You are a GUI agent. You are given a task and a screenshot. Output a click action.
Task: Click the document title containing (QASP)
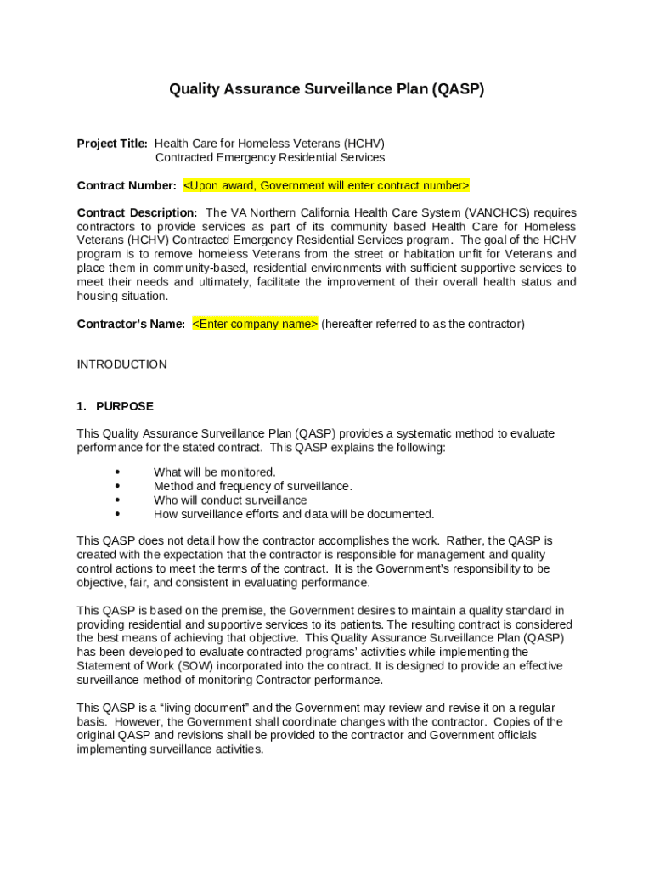pyautogui.click(x=326, y=89)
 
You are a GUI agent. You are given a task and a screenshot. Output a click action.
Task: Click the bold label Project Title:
pyautogui.click(x=112, y=144)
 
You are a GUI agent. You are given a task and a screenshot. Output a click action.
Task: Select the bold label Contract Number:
pyautogui.click(x=127, y=185)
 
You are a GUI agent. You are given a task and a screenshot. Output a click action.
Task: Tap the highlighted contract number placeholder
pyautogui.click(x=326, y=185)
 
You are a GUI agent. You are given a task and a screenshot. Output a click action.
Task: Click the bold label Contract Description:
pyautogui.click(x=137, y=212)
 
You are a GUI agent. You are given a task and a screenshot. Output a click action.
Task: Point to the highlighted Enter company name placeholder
pyautogui.click(x=255, y=324)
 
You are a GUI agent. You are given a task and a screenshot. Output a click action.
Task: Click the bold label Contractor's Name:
pyautogui.click(x=131, y=324)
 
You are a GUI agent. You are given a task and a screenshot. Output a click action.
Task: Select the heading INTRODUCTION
pyautogui.click(x=121, y=364)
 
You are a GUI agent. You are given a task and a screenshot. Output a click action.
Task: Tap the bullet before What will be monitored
pyautogui.click(x=116, y=472)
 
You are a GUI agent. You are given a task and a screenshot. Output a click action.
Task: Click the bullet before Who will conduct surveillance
pyautogui.click(x=116, y=500)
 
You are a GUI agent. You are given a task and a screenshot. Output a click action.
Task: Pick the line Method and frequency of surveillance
pyautogui.click(x=252, y=486)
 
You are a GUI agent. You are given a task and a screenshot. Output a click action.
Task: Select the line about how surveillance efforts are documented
pyautogui.click(x=293, y=514)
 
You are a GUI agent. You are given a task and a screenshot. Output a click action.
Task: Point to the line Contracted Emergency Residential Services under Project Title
pyautogui.click(x=269, y=157)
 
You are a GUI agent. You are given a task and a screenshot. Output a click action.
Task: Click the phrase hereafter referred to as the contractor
pyautogui.click(x=422, y=324)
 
